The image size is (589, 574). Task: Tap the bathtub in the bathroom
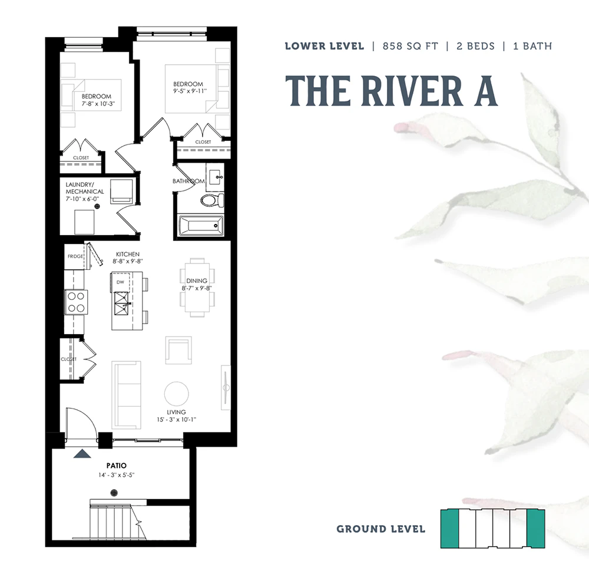(x=200, y=226)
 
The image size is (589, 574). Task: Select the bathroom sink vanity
(x=215, y=177)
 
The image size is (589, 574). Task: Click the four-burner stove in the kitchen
(x=76, y=302)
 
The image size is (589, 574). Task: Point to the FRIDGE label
(x=75, y=256)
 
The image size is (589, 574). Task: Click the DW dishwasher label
(x=120, y=282)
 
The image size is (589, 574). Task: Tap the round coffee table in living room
(x=177, y=394)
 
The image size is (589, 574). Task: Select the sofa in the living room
(x=126, y=395)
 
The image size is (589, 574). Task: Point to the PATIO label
(x=117, y=466)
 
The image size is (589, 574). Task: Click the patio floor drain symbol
(x=114, y=493)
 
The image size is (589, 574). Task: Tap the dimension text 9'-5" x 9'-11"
(x=190, y=91)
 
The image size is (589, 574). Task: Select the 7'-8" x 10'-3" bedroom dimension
(x=98, y=104)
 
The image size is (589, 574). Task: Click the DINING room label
(x=197, y=281)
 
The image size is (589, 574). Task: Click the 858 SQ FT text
(x=410, y=46)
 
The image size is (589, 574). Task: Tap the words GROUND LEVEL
(x=381, y=529)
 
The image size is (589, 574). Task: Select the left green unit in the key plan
(x=449, y=529)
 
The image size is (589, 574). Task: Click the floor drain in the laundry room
(x=97, y=206)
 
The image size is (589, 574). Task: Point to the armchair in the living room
(x=178, y=350)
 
